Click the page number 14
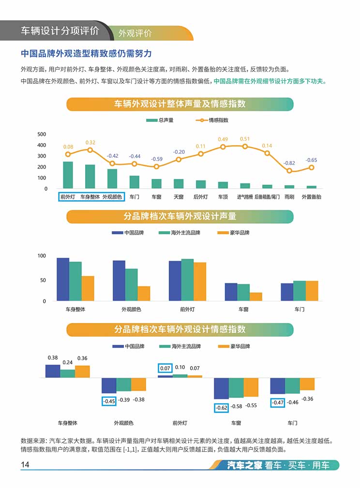click(x=25, y=465)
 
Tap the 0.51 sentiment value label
click(x=245, y=139)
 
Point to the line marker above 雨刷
click(x=289, y=171)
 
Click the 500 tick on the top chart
click(x=42, y=134)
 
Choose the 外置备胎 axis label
click(x=312, y=197)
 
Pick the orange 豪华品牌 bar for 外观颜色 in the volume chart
click(x=144, y=294)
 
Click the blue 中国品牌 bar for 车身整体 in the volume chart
click(x=63, y=279)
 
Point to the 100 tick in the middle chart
click(x=42, y=256)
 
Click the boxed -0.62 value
click(x=221, y=408)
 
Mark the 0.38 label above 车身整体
click(x=53, y=358)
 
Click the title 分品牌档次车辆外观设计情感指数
click(x=180, y=329)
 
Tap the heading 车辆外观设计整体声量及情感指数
click(x=180, y=104)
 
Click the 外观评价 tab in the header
click(x=135, y=33)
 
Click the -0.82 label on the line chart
click(x=289, y=163)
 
